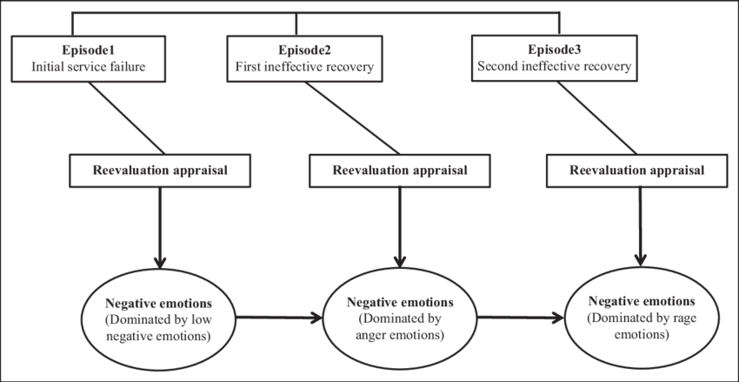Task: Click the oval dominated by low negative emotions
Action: (x=158, y=317)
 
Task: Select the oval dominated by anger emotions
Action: (x=399, y=317)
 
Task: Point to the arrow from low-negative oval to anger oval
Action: (x=278, y=318)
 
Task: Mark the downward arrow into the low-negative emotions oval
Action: (x=157, y=226)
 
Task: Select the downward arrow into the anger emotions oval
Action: (x=398, y=226)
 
